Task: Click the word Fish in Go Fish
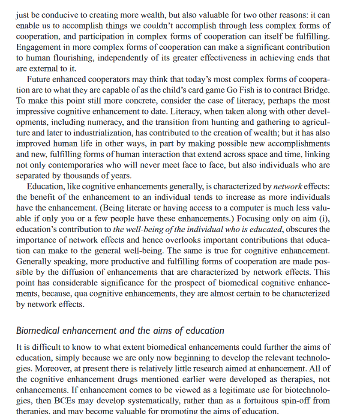[252, 90]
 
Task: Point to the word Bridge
[317, 90]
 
